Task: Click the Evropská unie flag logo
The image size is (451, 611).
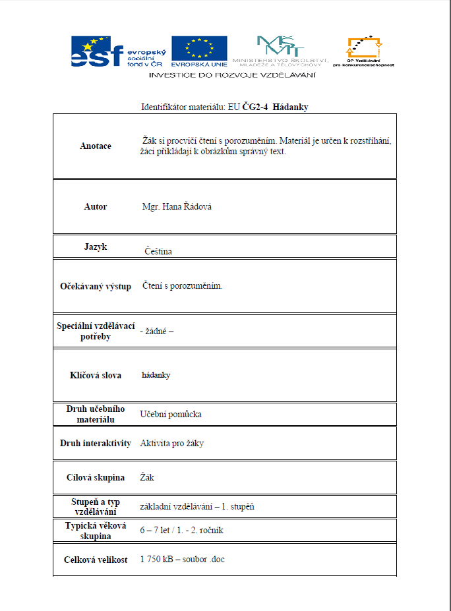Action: pyautogui.click(x=199, y=51)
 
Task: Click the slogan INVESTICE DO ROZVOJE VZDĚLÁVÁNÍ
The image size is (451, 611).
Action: pyautogui.click(x=232, y=75)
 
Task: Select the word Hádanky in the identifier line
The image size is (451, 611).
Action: pyautogui.click(x=290, y=107)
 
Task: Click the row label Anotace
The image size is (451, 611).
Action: pyautogui.click(x=95, y=146)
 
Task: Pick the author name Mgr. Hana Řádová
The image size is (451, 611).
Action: pyautogui.click(x=177, y=207)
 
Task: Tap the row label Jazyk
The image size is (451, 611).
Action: pyautogui.click(x=95, y=247)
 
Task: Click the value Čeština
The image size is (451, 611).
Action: pyautogui.click(x=158, y=251)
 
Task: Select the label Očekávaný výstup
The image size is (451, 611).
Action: pyautogui.click(x=95, y=287)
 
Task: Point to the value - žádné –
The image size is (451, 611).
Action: pyautogui.click(x=156, y=331)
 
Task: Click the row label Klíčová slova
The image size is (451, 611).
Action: pyautogui.click(x=95, y=375)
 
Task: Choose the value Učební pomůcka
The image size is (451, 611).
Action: pyautogui.click(x=171, y=415)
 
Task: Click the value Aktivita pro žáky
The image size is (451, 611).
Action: pyautogui.click(x=171, y=444)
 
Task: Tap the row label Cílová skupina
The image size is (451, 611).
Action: pyautogui.click(x=95, y=477)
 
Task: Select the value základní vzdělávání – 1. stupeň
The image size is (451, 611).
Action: pyautogui.click(x=197, y=507)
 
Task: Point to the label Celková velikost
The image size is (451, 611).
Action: pyautogui.click(x=95, y=560)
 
